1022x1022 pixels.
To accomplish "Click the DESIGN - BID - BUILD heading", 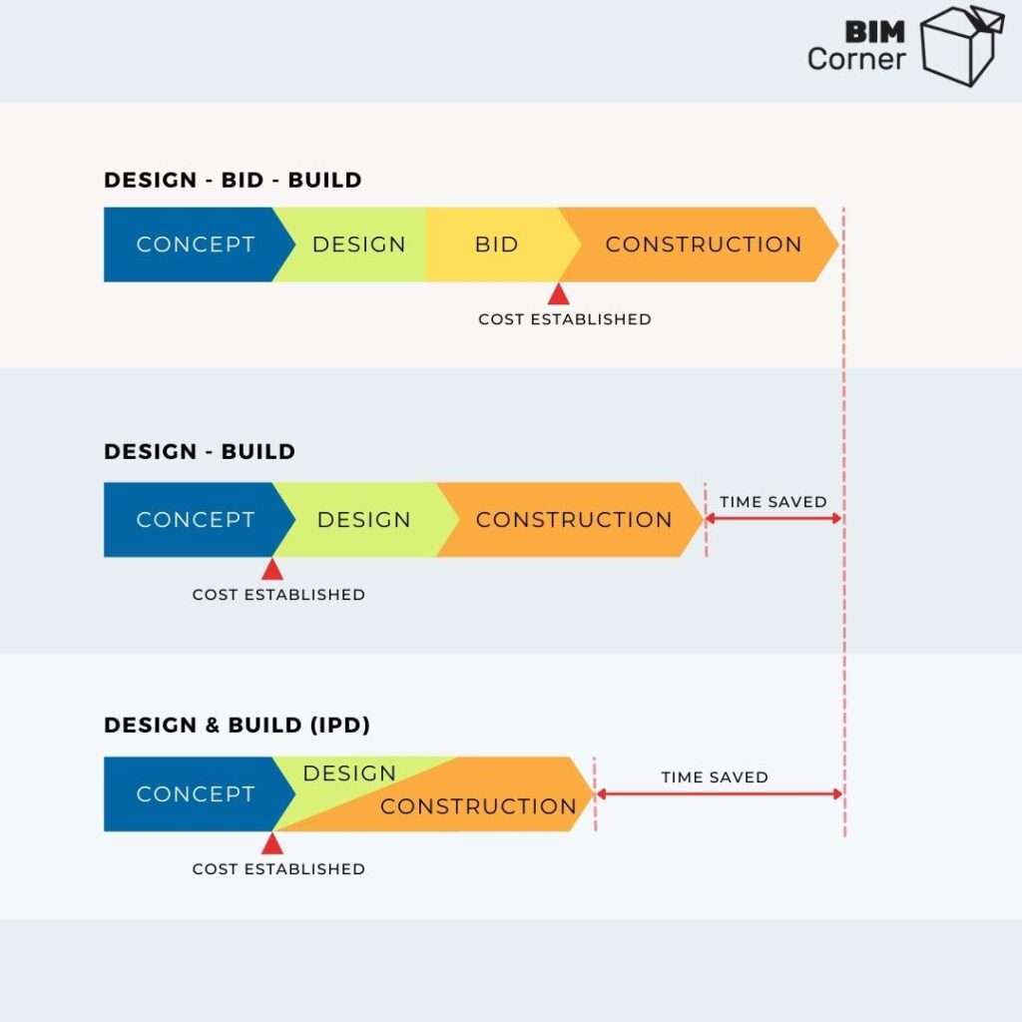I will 233,181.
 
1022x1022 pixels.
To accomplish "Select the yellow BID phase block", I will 496,245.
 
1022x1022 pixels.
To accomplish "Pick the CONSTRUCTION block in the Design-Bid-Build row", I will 703,245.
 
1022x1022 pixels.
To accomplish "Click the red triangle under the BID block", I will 558,293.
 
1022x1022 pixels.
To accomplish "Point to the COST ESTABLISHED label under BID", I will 564,319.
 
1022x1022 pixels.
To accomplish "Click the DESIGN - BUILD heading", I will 200,451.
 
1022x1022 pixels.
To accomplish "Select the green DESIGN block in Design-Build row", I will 363,520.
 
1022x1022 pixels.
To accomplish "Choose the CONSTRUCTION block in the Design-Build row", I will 574,520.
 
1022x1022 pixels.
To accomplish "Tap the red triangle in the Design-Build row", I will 271,569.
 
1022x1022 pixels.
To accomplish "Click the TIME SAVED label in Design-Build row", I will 773,502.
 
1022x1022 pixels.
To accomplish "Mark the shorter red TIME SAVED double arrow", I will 773,520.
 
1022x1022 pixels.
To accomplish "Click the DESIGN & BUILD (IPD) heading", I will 237,726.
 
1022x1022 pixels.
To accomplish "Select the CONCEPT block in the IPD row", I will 195,794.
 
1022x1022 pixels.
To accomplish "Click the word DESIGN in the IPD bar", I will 349,773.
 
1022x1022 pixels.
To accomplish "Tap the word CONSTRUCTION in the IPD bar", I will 478,806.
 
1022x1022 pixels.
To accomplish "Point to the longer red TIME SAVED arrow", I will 719,794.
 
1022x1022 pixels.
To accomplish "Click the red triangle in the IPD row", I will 271,843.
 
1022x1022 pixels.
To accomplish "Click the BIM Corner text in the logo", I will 857,45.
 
